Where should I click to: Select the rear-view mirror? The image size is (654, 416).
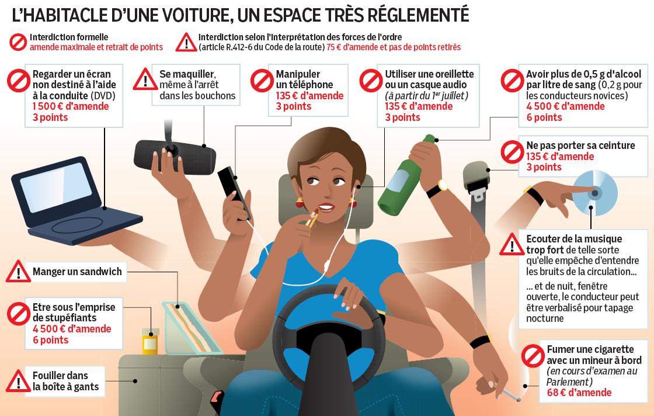(175, 157)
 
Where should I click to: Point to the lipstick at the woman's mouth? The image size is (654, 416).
(312, 218)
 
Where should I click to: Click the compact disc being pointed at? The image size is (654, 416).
(595, 193)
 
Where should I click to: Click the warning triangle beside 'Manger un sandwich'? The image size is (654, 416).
(18, 272)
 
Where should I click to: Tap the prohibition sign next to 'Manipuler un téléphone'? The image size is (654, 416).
(262, 81)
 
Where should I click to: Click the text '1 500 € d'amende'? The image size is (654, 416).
(71, 106)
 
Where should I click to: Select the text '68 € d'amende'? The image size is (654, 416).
(579, 393)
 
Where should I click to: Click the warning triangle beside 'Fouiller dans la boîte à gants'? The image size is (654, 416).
(18, 382)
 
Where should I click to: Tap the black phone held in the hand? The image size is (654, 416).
(234, 193)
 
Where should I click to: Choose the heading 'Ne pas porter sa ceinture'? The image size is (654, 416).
(580, 145)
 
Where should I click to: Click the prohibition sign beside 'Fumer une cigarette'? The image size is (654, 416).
(533, 356)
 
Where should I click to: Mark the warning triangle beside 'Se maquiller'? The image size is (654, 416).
(145, 79)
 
